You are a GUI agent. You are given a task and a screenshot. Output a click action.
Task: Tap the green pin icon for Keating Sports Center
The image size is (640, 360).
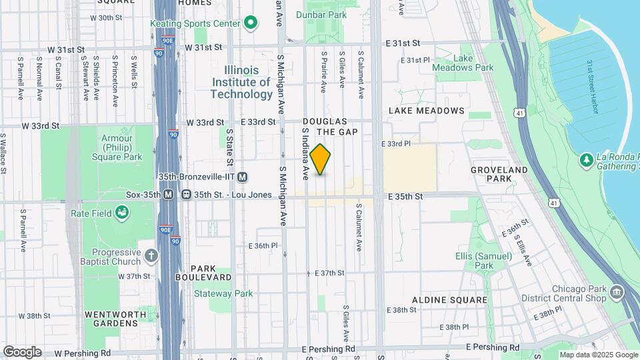tap(251, 24)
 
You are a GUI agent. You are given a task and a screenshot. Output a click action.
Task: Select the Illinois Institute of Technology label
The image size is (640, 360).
tap(241, 82)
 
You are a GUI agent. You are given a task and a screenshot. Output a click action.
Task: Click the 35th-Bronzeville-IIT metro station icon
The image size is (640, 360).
tap(243, 177)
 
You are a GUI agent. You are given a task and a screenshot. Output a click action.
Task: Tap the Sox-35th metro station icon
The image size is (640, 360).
tap(169, 195)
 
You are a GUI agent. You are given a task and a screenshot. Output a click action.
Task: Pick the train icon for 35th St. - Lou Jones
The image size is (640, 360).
tap(187, 195)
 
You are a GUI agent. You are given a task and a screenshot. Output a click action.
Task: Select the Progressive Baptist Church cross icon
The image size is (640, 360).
tap(152, 255)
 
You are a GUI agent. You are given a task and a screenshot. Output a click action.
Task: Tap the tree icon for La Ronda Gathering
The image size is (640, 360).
tap(586, 159)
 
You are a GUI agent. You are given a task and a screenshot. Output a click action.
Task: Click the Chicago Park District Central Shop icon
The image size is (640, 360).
tap(617, 293)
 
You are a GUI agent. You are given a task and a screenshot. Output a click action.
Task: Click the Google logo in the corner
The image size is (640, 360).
tap(22, 351)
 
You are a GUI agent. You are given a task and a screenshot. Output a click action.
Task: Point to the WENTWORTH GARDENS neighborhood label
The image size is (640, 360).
tap(111, 318)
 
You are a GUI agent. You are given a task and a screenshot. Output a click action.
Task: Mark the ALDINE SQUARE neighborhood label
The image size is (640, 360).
tap(449, 300)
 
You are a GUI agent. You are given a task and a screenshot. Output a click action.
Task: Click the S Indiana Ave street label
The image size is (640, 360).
tap(306, 163)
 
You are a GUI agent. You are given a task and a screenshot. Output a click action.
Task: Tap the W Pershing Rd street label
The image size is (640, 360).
tap(82, 353)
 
